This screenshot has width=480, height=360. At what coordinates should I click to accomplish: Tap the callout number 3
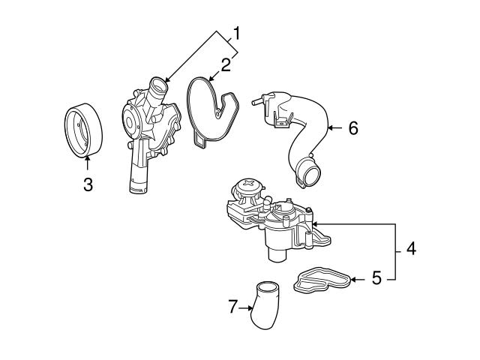(88, 184)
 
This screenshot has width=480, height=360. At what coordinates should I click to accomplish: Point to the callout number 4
(410, 248)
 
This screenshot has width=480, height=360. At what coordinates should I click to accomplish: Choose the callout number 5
(377, 279)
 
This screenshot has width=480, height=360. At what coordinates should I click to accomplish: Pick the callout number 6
(352, 128)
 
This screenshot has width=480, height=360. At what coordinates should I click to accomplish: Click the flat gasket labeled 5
(322, 280)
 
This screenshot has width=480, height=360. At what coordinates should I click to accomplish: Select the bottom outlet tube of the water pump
(139, 180)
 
